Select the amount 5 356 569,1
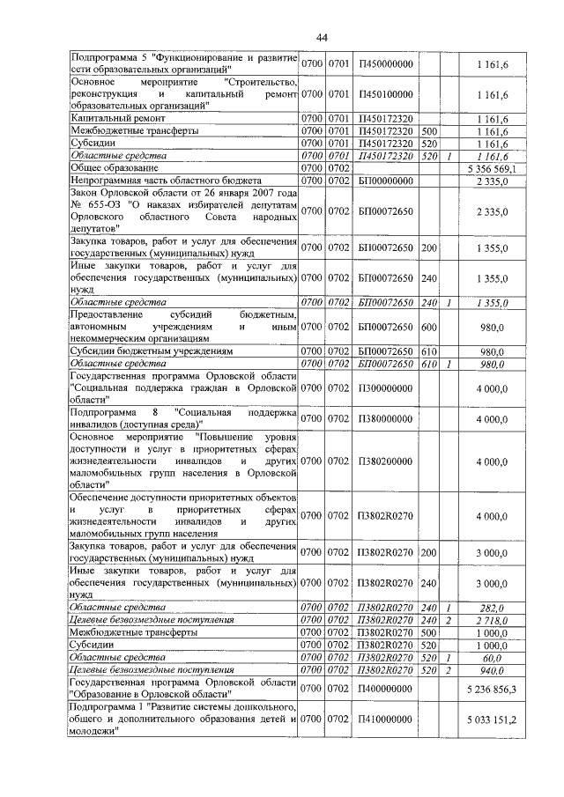coord(489,167)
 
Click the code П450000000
coord(385,63)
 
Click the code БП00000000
coord(385,180)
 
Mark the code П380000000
coord(385,419)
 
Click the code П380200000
coord(385,461)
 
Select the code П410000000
coord(385,720)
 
